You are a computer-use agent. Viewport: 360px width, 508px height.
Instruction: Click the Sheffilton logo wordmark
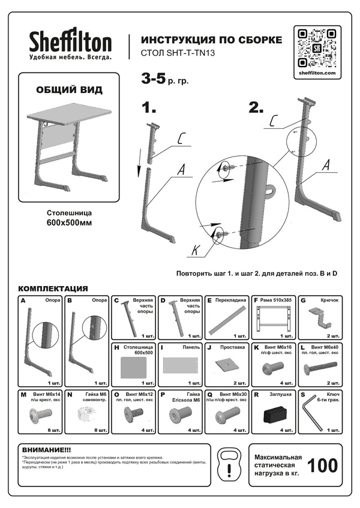(71, 42)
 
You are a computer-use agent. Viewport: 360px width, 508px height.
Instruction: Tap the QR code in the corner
(319, 47)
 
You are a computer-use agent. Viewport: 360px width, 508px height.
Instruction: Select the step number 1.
(149, 108)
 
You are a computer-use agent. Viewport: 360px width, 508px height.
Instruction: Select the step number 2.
(256, 108)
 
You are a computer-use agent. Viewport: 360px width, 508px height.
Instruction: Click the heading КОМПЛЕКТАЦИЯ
(53, 288)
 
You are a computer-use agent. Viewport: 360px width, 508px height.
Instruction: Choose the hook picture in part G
(322, 317)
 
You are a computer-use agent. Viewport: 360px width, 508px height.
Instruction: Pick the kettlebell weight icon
(230, 464)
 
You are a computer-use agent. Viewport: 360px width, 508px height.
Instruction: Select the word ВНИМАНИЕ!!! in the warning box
(46, 449)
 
